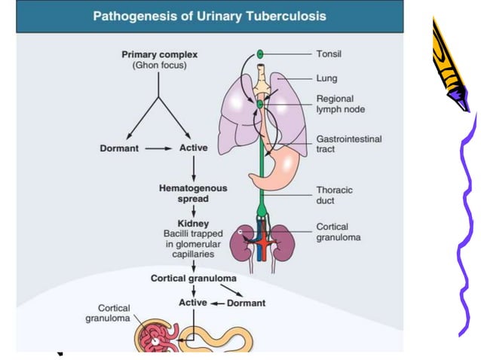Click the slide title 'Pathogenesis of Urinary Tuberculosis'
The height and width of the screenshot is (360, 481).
(x=210, y=16)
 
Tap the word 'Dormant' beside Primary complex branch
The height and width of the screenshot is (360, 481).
(x=119, y=148)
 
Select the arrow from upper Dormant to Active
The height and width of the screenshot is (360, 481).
(x=158, y=148)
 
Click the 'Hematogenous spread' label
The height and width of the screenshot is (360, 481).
(x=193, y=193)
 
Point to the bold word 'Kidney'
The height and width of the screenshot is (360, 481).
(x=193, y=224)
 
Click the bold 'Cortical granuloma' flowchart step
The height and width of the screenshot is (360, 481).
(x=193, y=278)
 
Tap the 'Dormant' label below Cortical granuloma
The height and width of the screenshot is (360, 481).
(x=246, y=303)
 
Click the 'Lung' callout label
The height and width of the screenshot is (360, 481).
(x=327, y=78)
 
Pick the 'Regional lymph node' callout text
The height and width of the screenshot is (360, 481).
(x=340, y=104)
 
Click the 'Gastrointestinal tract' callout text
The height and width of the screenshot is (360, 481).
(x=348, y=144)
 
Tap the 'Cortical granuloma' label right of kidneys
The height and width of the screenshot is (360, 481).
(x=338, y=232)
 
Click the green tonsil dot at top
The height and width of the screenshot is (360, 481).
(x=260, y=55)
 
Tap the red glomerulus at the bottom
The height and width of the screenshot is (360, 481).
(x=155, y=337)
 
